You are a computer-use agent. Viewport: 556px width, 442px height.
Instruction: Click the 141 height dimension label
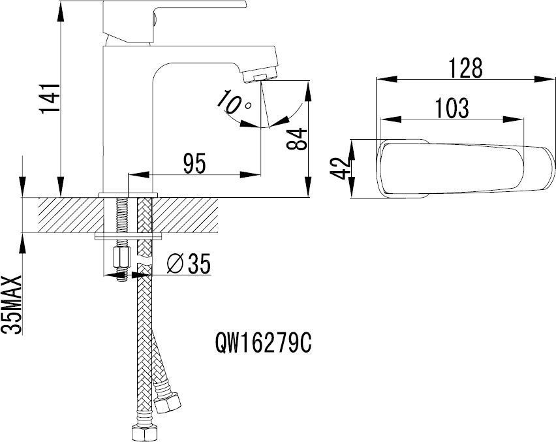[50, 99]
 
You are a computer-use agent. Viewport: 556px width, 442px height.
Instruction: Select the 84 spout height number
[297, 139]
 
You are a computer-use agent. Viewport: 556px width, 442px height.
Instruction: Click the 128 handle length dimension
[465, 68]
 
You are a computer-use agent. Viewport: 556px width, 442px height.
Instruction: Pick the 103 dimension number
[452, 108]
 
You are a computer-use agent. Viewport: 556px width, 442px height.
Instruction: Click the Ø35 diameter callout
[189, 263]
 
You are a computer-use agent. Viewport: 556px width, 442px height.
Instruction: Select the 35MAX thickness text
[12, 304]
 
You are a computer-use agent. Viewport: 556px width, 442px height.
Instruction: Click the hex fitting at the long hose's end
[144, 432]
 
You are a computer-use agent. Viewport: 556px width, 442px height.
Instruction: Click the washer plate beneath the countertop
[128, 236]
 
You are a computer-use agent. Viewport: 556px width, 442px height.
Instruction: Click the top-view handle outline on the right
[466, 168]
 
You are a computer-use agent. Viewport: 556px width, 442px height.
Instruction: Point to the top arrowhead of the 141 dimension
[61, 10]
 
